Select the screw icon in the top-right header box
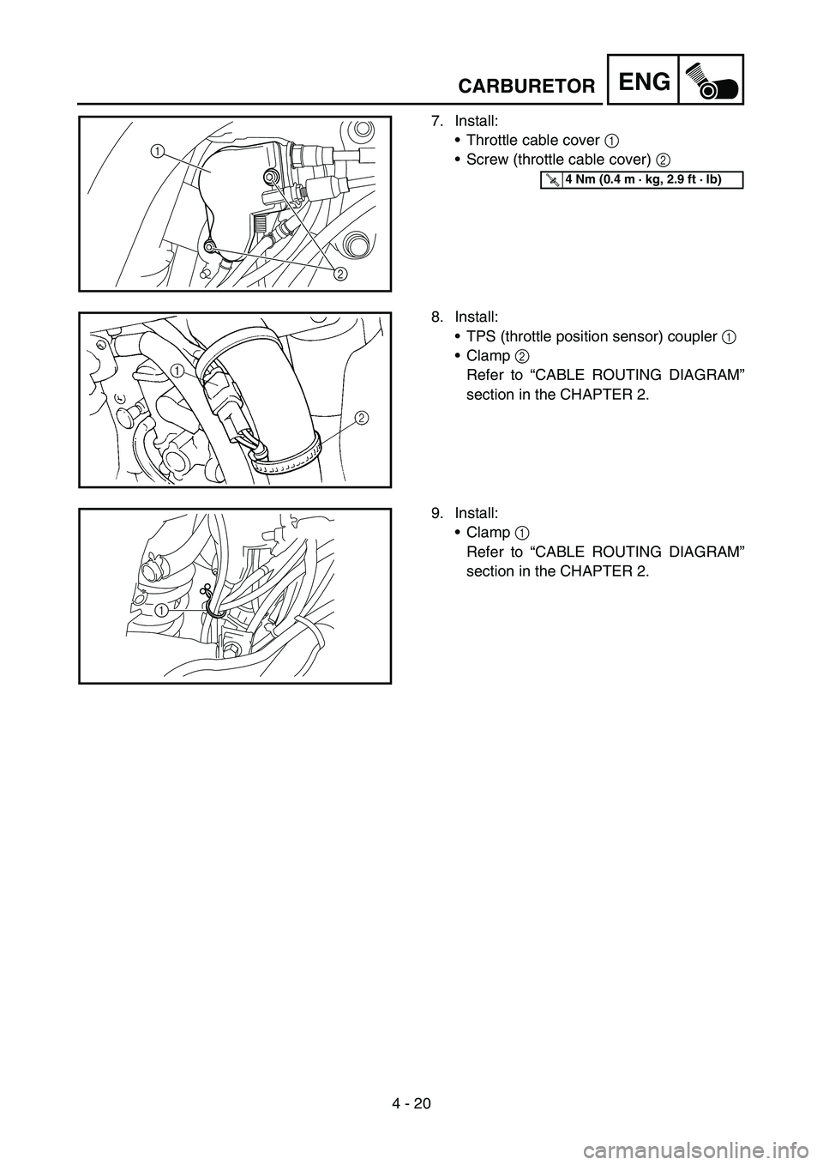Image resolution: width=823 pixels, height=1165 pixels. pos(711,80)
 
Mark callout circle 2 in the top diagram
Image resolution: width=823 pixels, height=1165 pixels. pos(340,275)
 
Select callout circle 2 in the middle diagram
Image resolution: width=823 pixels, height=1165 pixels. pos(361,418)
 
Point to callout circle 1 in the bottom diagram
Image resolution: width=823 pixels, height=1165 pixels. pos(162,609)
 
